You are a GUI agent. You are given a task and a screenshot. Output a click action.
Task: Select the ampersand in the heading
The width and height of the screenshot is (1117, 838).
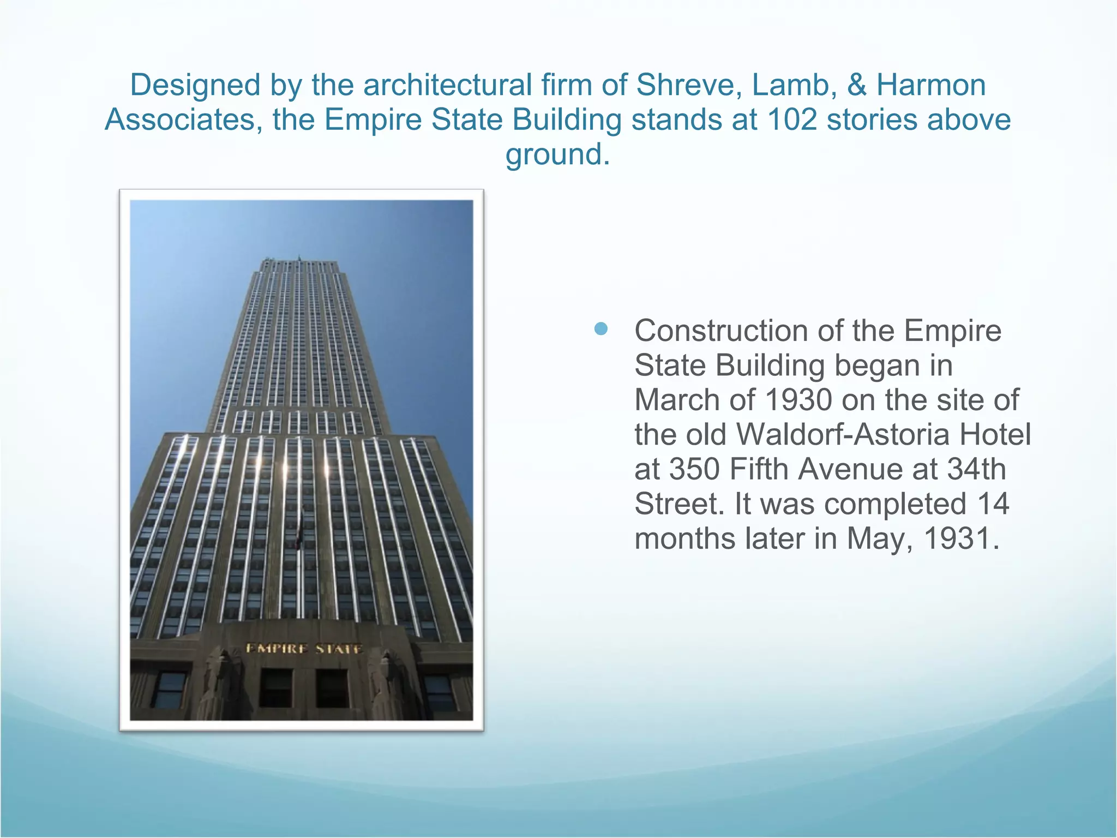point(856,85)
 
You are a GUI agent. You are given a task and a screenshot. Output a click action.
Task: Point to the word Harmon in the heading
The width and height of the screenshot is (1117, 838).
point(931,85)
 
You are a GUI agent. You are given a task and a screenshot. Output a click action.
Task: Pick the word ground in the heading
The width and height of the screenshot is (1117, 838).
point(555,154)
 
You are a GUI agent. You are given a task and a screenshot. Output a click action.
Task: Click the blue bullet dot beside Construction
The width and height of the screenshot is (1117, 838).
point(601,328)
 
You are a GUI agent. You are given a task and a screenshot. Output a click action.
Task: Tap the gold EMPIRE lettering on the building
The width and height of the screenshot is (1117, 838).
point(277,649)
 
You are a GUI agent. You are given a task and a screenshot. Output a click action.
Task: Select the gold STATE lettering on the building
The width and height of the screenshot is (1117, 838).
point(339,649)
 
